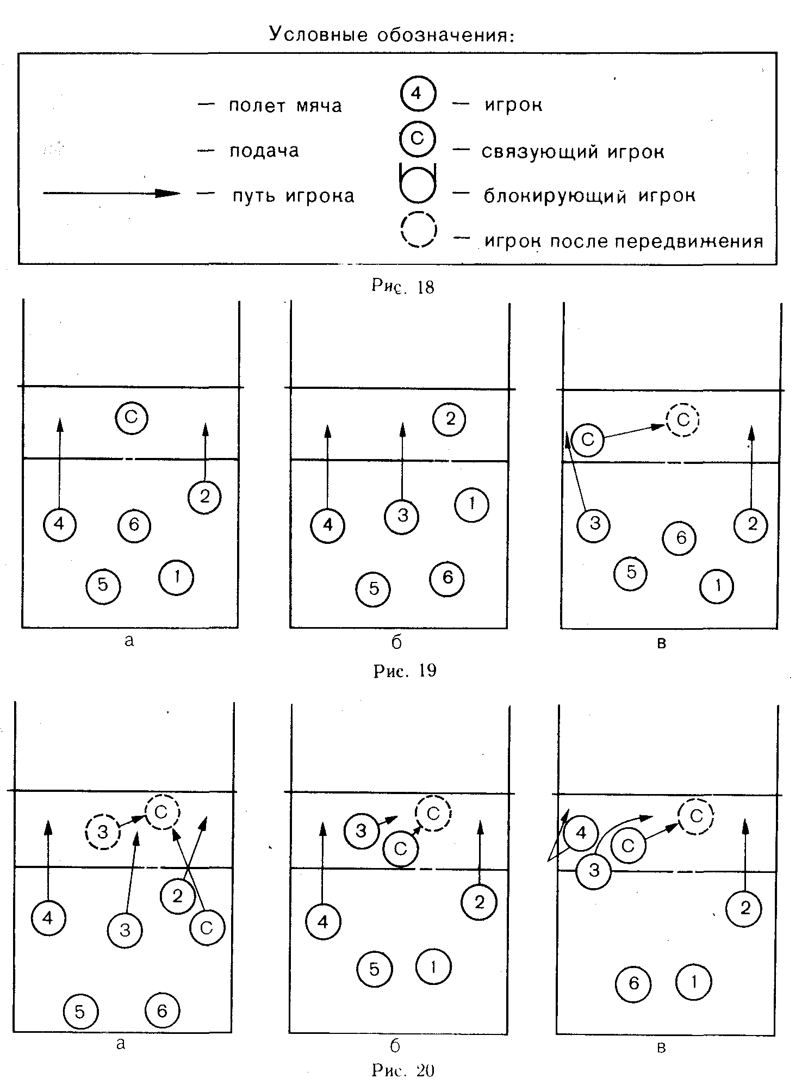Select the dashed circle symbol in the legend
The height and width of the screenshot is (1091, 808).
tap(418, 230)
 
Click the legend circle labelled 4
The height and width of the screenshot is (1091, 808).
tap(417, 94)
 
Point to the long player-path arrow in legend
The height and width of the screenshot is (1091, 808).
tap(111, 193)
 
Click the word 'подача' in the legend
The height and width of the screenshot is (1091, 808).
tap(264, 150)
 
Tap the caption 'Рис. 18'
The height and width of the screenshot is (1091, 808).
tap(403, 286)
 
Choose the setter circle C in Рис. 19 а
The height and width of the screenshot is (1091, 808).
tap(132, 418)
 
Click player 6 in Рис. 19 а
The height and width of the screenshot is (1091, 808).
tap(134, 525)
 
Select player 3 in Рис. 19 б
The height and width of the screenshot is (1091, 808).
tap(402, 516)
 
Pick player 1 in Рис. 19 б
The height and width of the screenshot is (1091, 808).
tap(471, 505)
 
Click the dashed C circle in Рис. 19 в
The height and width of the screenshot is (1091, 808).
tap(682, 420)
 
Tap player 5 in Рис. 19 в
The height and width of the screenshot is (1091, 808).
tap(631, 572)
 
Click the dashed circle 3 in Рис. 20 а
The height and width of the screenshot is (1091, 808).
tap(103, 832)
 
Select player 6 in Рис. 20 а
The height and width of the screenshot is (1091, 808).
tap(162, 1011)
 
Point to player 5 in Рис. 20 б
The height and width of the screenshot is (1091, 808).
tap(375, 969)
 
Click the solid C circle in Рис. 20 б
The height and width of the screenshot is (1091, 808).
tap(401, 849)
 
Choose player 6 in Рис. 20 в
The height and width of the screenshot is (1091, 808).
tap(633, 983)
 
